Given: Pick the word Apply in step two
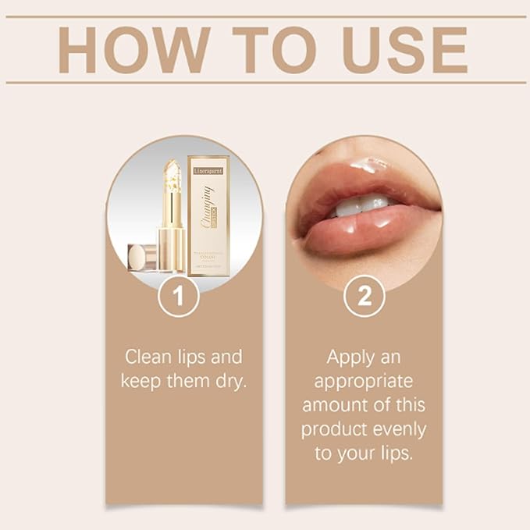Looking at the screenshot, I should click(x=350, y=357).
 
